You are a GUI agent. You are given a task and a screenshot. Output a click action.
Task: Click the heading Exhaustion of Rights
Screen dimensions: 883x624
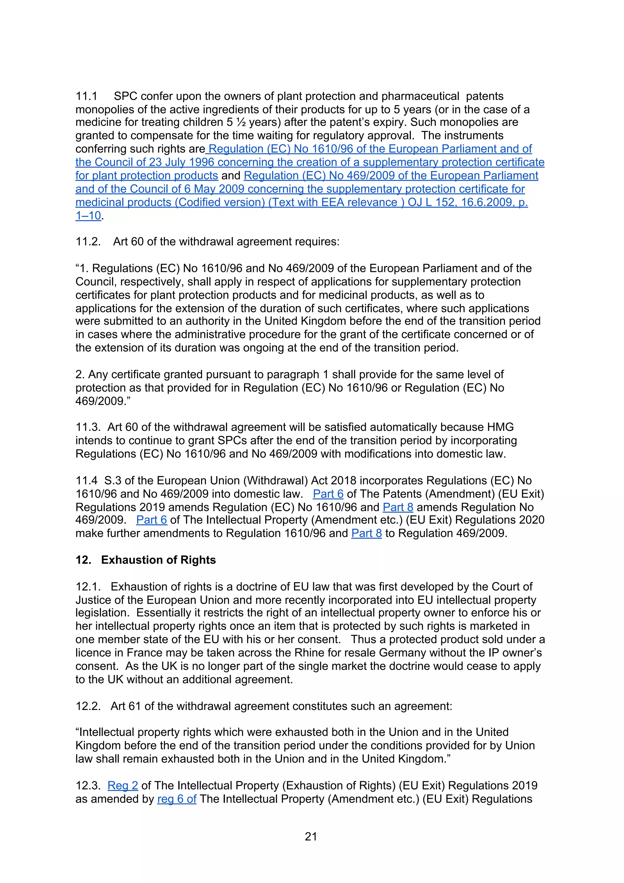click(158, 560)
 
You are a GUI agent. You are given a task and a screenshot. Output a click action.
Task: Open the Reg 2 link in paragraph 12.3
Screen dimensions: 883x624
click(123, 785)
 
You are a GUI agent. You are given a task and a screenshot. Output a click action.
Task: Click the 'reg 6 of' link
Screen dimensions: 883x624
click(177, 799)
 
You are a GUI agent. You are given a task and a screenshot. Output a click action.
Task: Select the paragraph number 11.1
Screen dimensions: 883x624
click(87, 96)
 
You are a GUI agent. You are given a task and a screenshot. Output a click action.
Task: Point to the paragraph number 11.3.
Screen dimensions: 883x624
click(88, 427)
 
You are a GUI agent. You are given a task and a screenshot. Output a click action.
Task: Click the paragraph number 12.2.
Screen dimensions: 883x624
click(88, 706)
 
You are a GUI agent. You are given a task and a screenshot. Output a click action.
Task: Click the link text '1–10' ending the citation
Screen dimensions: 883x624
click(88, 215)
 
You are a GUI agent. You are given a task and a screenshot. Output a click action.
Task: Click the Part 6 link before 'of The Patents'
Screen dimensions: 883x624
click(328, 494)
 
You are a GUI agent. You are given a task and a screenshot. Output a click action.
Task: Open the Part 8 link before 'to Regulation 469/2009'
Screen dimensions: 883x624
click(367, 533)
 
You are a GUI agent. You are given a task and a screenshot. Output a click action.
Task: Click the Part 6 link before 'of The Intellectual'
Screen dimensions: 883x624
click(151, 520)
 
